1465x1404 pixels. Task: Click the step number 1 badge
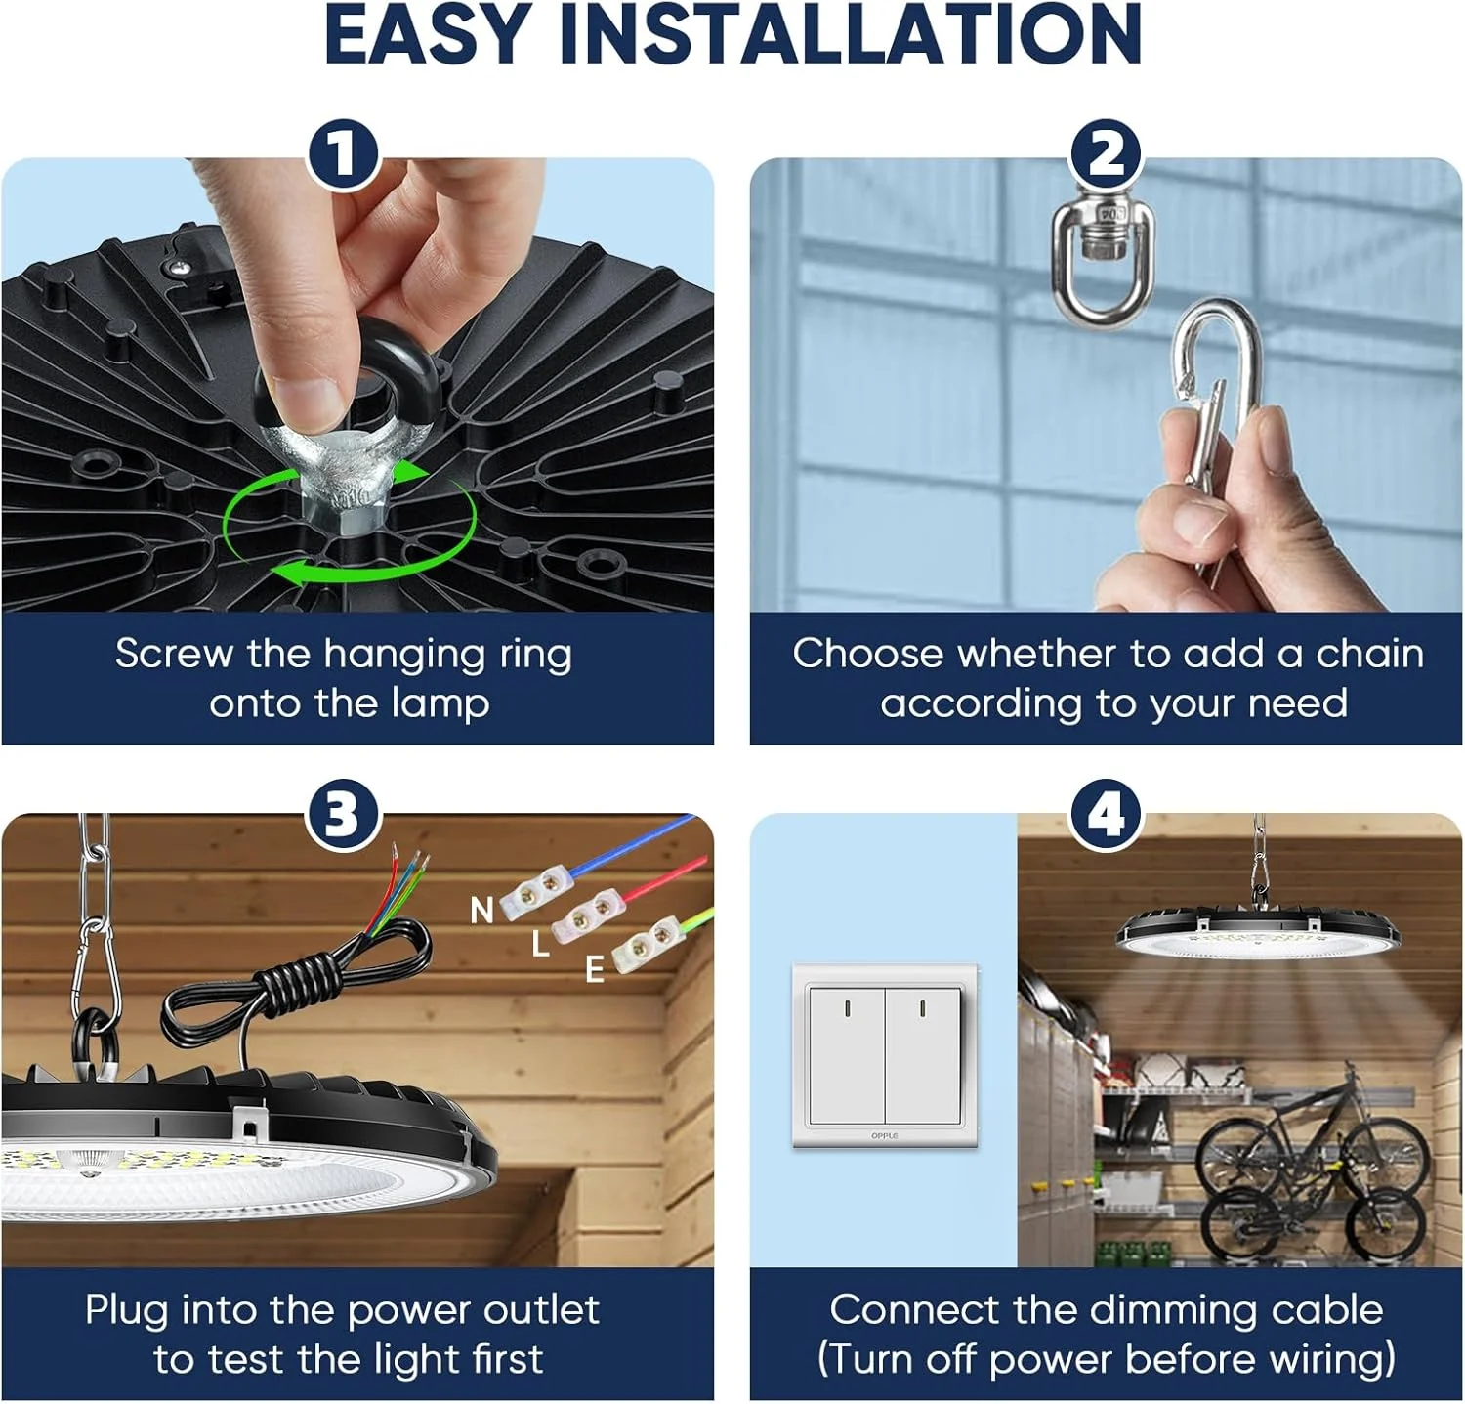[343, 154]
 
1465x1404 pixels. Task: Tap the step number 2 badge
[1106, 154]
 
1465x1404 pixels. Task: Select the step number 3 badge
[343, 813]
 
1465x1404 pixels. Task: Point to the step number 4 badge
[1106, 813]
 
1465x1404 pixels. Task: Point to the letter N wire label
[481, 911]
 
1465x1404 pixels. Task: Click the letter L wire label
[540, 944]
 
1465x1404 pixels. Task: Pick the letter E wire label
[594, 969]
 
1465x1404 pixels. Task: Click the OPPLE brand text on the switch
[884, 1136]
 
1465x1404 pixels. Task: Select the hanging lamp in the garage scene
[1258, 933]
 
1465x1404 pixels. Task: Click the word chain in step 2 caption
[1369, 654]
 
